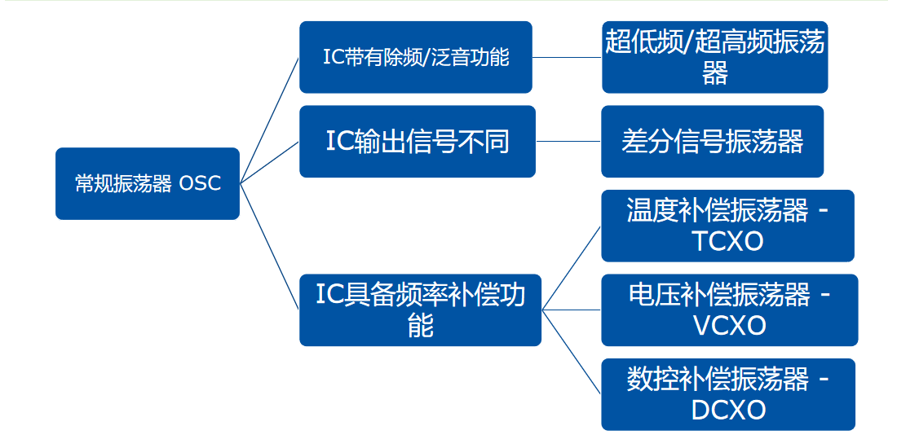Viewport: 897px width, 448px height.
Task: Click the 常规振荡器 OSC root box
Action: tap(147, 183)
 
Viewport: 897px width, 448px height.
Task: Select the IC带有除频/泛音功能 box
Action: tap(415, 57)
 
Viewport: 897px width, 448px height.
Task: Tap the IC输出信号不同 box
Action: tap(417, 141)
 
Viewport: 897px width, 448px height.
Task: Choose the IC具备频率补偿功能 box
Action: tap(420, 310)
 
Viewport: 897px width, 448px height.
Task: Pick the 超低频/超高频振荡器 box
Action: tap(714, 57)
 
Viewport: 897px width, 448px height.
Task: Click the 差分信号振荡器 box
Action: tap(712, 141)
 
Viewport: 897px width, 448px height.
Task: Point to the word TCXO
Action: tap(727, 242)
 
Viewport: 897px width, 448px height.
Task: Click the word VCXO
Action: tap(729, 326)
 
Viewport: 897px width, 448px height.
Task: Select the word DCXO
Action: tap(728, 410)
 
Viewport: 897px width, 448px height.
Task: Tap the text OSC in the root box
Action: tap(200, 183)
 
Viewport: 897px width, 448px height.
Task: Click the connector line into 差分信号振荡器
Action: tap(568, 141)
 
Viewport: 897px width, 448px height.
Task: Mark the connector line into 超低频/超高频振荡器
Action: tap(567, 58)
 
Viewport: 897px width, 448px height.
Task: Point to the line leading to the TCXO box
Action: tap(572, 268)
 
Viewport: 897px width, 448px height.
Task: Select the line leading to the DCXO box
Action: tap(572, 351)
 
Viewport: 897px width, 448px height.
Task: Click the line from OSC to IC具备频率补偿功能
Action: tap(270, 245)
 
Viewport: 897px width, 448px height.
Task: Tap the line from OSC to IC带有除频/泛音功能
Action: tap(270, 120)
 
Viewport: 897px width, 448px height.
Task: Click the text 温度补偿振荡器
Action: tap(718, 211)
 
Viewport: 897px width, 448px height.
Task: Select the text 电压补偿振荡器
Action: tap(719, 295)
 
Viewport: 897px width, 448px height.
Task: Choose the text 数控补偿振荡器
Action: tap(718, 379)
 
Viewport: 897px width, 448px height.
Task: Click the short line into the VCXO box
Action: tap(572, 310)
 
